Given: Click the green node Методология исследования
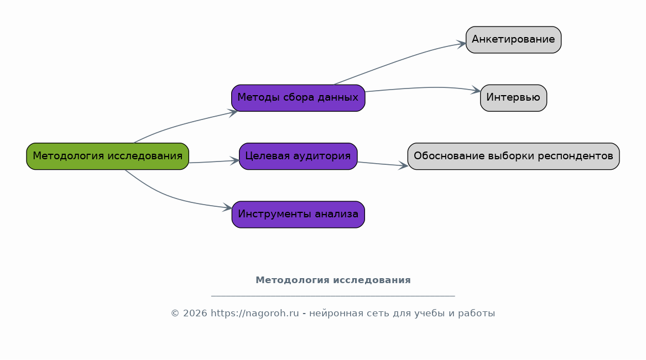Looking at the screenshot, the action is [x=107, y=156].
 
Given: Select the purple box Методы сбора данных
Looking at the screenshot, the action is [x=298, y=98].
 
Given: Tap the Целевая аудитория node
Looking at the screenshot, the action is [x=298, y=156].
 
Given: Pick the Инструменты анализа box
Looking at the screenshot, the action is [x=298, y=214].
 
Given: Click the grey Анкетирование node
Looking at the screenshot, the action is [x=513, y=40].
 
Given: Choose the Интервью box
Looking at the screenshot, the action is [x=513, y=98].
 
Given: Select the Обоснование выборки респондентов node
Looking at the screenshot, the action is [x=513, y=156].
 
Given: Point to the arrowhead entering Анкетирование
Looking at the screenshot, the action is [x=461, y=43].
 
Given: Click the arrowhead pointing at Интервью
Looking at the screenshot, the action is [x=476, y=90].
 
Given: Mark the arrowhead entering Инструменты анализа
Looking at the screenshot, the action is [x=227, y=207].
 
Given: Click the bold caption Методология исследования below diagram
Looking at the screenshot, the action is [x=334, y=280].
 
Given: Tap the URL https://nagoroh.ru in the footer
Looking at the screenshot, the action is [x=254, y=313].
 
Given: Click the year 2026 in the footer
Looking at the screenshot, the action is [x=195, y=313].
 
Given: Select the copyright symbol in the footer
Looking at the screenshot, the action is [x=175, y=314].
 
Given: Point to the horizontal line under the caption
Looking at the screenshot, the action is [x=333, y=296].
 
